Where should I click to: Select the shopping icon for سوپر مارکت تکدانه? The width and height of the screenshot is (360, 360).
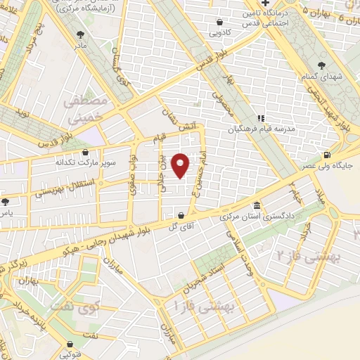(x=86, y=151)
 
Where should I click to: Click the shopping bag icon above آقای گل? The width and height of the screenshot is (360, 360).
(x=182, y=215)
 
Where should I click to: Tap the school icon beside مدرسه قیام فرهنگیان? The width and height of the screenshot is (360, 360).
(x=260, y=118)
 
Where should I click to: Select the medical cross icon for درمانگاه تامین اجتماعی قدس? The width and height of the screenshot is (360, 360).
(x=266, y=4)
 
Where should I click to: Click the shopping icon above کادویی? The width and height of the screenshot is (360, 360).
(x=221, y=22)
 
